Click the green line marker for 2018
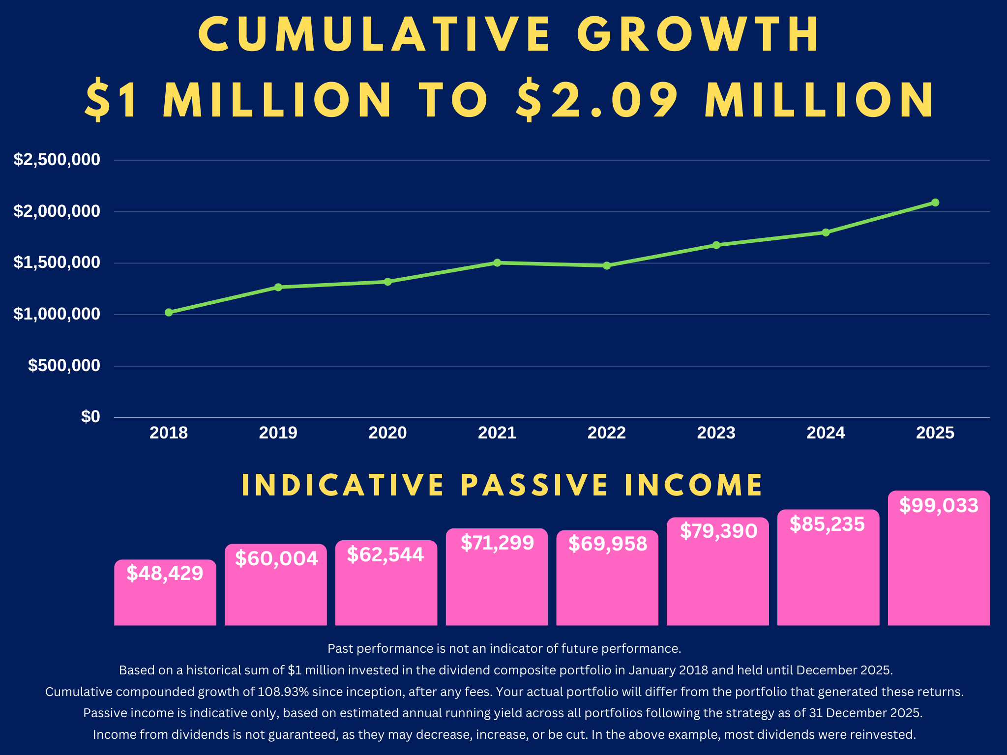click(x=169, y=313)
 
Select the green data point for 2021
click(x=497, y=262)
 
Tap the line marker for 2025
click(x=935, y=203)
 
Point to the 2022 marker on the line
click(x=607, y=265)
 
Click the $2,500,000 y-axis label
click(x=57, y=160)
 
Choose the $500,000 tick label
click(x=64, y=366)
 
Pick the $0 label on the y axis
click(x=90, y=417)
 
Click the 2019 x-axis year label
click(x=278, y=433)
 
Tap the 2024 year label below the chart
click(x=826, y=433)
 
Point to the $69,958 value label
click(x=608, y=544)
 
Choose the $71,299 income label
click(x=497, y=543)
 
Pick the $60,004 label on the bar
click(x=276, y=559)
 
